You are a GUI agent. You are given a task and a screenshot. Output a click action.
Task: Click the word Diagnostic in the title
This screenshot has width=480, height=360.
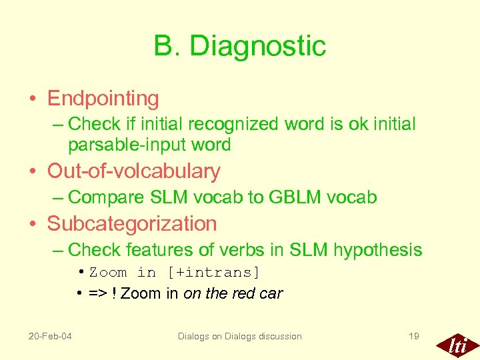[x=258, y=46]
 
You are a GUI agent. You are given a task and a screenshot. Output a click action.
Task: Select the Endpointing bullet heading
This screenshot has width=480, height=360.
[x=103, y=99]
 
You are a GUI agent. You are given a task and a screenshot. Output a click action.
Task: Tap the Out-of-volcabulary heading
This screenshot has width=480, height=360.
[x=133, y=171]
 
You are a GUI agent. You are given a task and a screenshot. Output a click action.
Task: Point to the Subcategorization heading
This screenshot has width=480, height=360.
[x=132, y=224]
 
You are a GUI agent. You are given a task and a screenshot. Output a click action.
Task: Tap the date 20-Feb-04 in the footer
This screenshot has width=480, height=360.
[x=51, y=336]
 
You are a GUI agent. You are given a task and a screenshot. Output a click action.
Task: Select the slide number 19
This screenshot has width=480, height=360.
[x=413, y=336]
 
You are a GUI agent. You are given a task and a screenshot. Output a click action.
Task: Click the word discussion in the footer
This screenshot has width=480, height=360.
[x=277, y=336]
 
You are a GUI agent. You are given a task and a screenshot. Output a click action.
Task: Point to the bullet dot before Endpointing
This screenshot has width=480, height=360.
[x=33, y=99]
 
